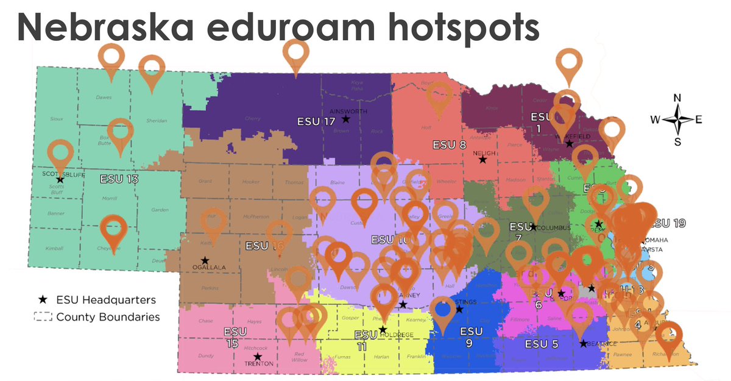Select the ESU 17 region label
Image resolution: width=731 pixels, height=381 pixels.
[x=316, y=121]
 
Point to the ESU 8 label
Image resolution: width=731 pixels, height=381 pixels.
[x=449, y=145]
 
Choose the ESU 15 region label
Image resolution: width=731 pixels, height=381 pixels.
[x=231, y=337]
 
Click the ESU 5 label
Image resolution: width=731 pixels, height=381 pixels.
[x=542, y=344]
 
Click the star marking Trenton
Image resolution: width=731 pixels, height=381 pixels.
[x=258, y=357]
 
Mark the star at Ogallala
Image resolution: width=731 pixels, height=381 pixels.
[x=205, y=260]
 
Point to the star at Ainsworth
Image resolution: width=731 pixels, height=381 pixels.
[x=345, y=119]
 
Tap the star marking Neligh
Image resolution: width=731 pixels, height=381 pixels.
[x=482, y=160]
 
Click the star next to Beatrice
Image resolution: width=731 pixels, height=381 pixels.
[x=583, y=343]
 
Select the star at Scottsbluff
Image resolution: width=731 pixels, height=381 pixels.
[x=60, y=179]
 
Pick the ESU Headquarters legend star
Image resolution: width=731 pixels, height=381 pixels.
[x=43, y=299]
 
